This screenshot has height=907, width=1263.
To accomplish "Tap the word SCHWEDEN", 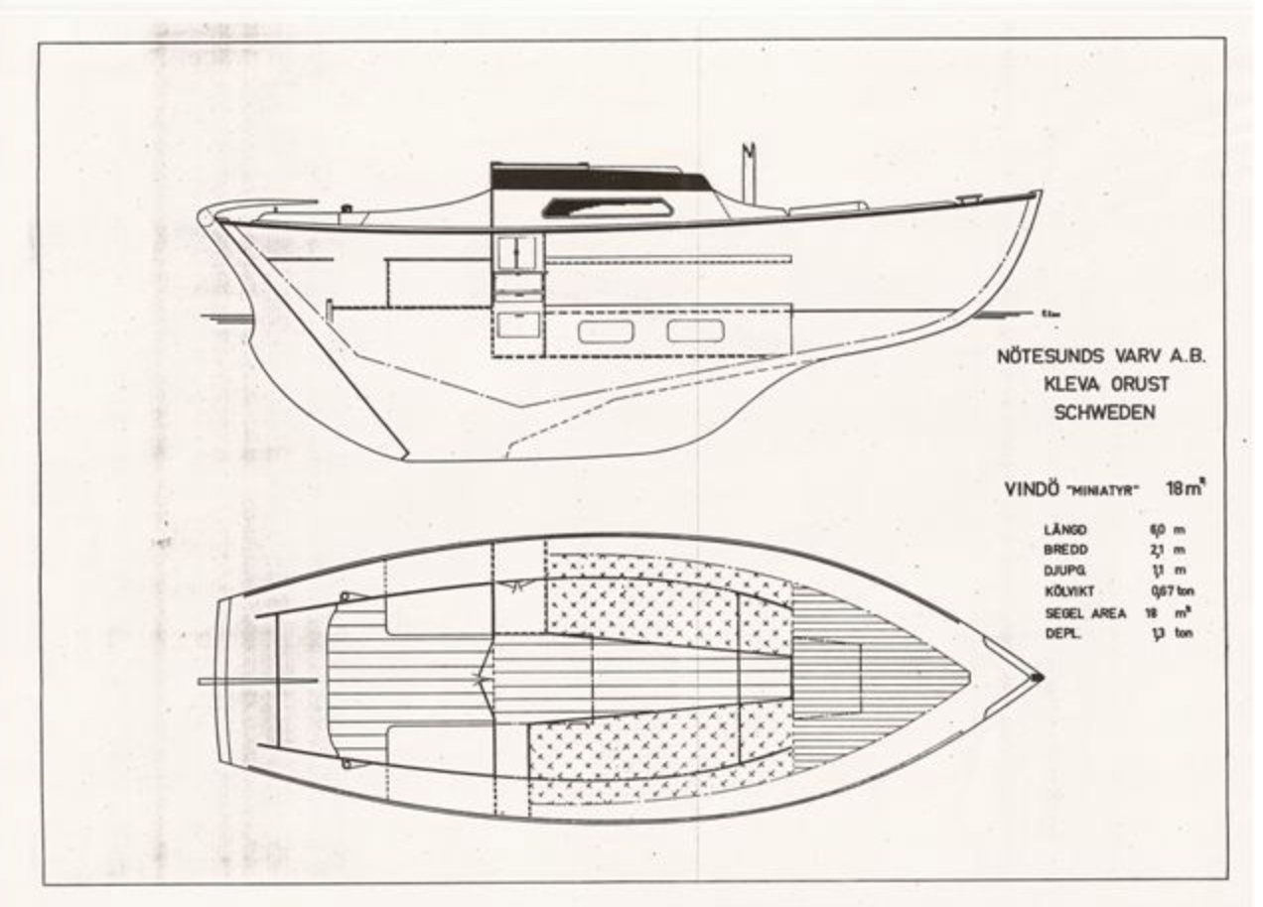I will click(x=1103, y=413).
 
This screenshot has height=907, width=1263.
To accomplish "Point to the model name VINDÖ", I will click(x=1028, y=489).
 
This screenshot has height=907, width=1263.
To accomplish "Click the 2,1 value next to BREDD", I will click(x=1156, y=550).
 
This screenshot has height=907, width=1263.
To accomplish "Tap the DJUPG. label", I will click(x=1065, y=571).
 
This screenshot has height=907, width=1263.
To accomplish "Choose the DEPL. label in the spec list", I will click(x=1061, y=633).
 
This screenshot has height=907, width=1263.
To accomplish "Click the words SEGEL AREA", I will click(x=1084, y=613).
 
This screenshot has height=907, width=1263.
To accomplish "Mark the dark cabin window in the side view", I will click(x=605, y=207).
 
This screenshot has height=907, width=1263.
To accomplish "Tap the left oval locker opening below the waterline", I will click(x=606, y=331).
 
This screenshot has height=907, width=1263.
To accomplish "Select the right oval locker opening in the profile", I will click(x=695, y=330).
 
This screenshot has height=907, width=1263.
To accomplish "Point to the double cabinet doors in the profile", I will click(x=517, y=252).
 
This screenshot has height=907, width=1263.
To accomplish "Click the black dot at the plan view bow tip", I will click(x=1038, y=677).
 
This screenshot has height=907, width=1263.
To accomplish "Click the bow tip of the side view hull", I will click(x=1039, y=194).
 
